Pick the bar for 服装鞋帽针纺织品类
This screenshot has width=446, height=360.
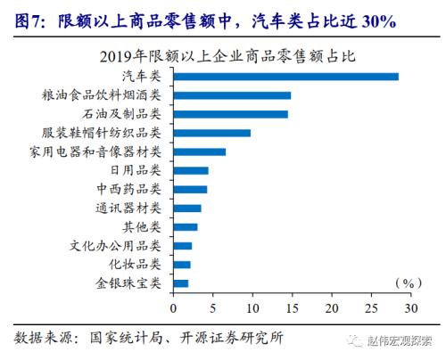click(211, 133)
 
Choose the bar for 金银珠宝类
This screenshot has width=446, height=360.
click(180, 283)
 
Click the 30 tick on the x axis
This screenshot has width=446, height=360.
click(410, 308)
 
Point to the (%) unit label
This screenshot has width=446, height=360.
click(407, 282)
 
